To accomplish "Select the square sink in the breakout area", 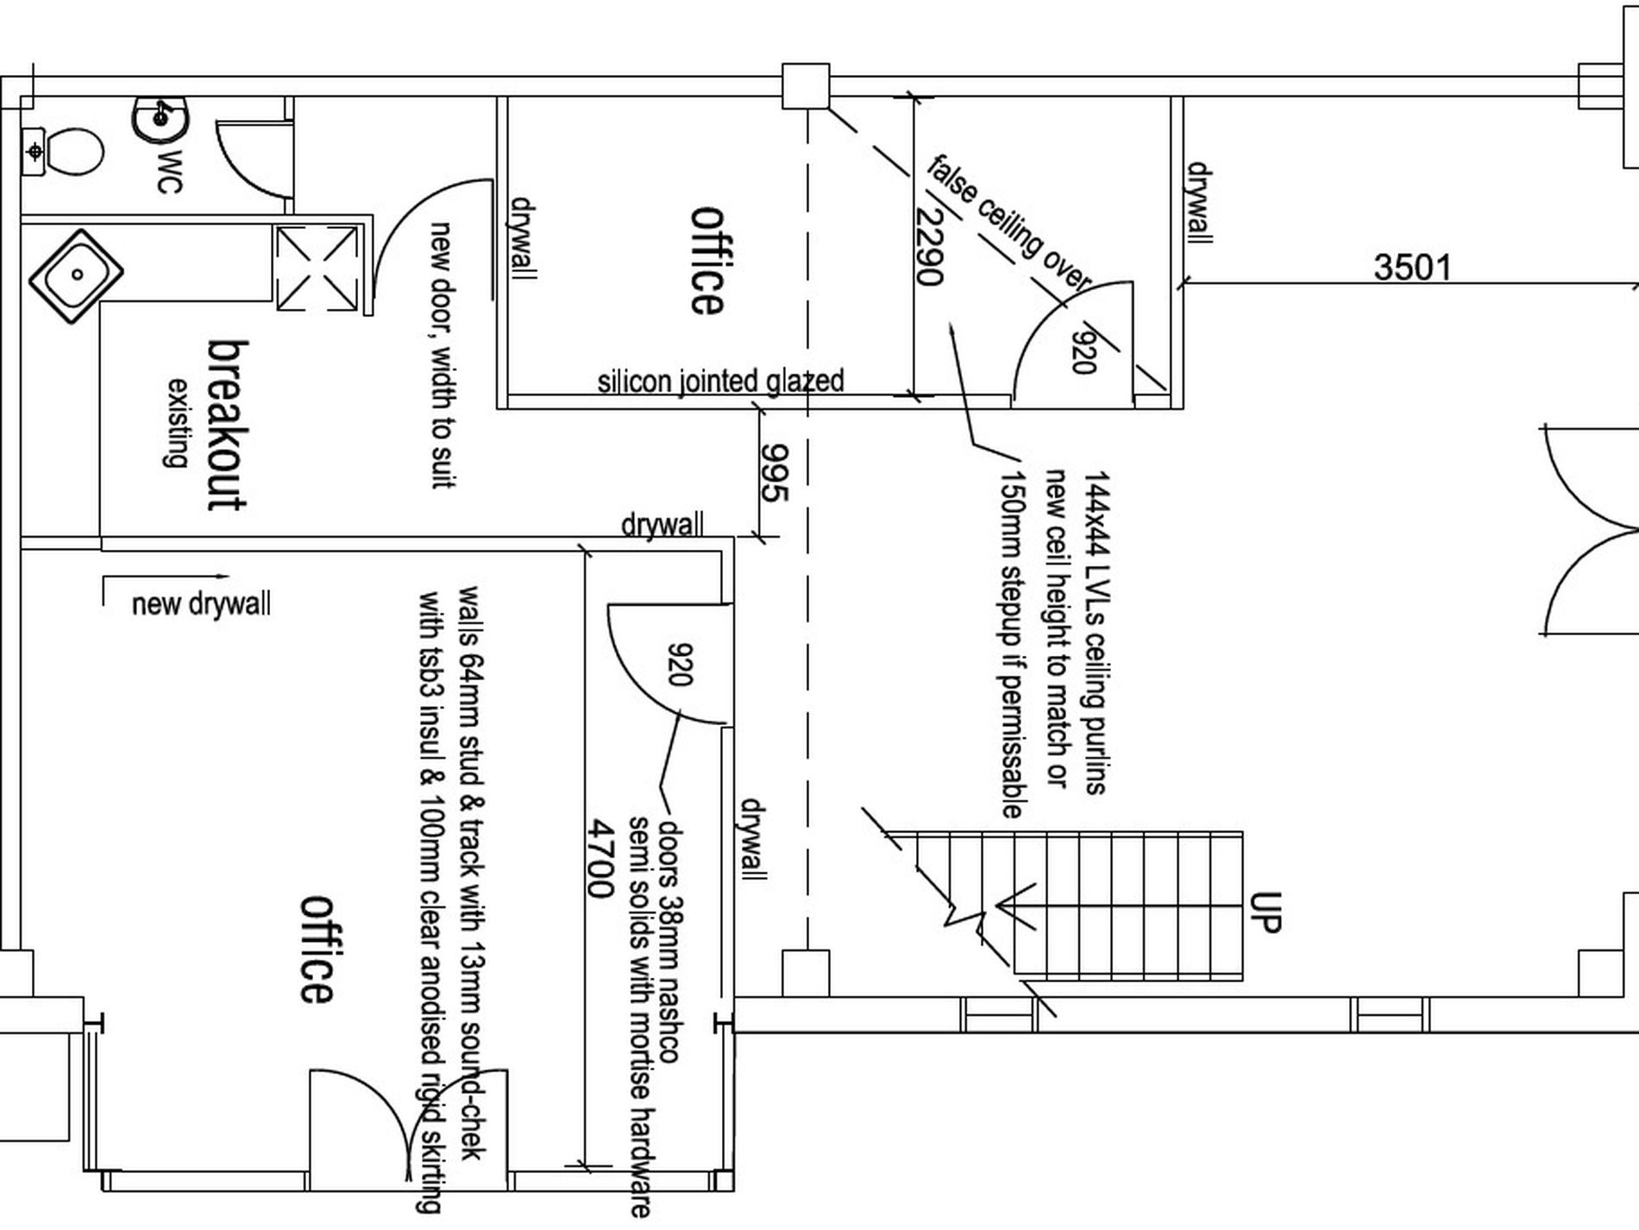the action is [x=76, y=276].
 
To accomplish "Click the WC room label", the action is [x=170, y=172].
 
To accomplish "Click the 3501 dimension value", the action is [x=1412, y=268].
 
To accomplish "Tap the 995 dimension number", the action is [x=774, y=472].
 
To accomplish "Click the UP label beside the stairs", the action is [x=1265, y=912].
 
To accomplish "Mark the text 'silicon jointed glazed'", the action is [x=720, y=381].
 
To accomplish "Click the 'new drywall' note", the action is [x=201, y=603].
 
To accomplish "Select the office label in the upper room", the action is [x=707, y=260].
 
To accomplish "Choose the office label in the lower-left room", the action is [x=316, y=949].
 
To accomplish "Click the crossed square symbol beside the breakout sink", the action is [x=316, y=268].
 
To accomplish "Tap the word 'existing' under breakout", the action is [x=177, y=422].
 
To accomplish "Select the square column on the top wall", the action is [x=806, y=86].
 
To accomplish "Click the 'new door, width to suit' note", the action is [x=443, y=355].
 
